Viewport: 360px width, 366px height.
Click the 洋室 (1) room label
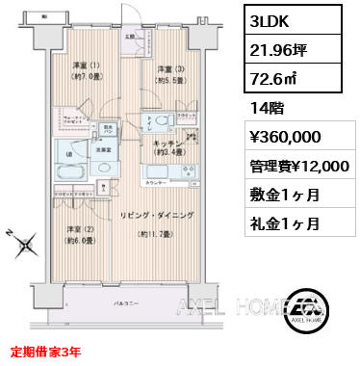(87, 72)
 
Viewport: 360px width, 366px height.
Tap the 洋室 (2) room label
(80, 234)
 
